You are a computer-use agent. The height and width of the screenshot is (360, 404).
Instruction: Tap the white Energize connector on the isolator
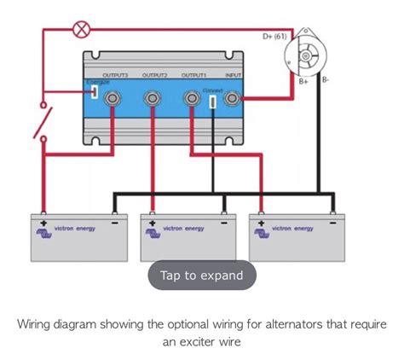point(93,90)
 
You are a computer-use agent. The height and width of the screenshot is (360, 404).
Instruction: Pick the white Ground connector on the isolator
point(212,101)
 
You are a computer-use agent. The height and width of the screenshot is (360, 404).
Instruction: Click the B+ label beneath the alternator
point(303,81)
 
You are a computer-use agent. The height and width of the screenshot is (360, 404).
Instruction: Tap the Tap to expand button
point(202,275)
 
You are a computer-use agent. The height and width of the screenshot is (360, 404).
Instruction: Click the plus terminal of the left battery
point(43,218)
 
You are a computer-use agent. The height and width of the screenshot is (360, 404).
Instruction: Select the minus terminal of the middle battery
point(223,218)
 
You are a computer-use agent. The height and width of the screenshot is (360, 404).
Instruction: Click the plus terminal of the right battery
point(262,218)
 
